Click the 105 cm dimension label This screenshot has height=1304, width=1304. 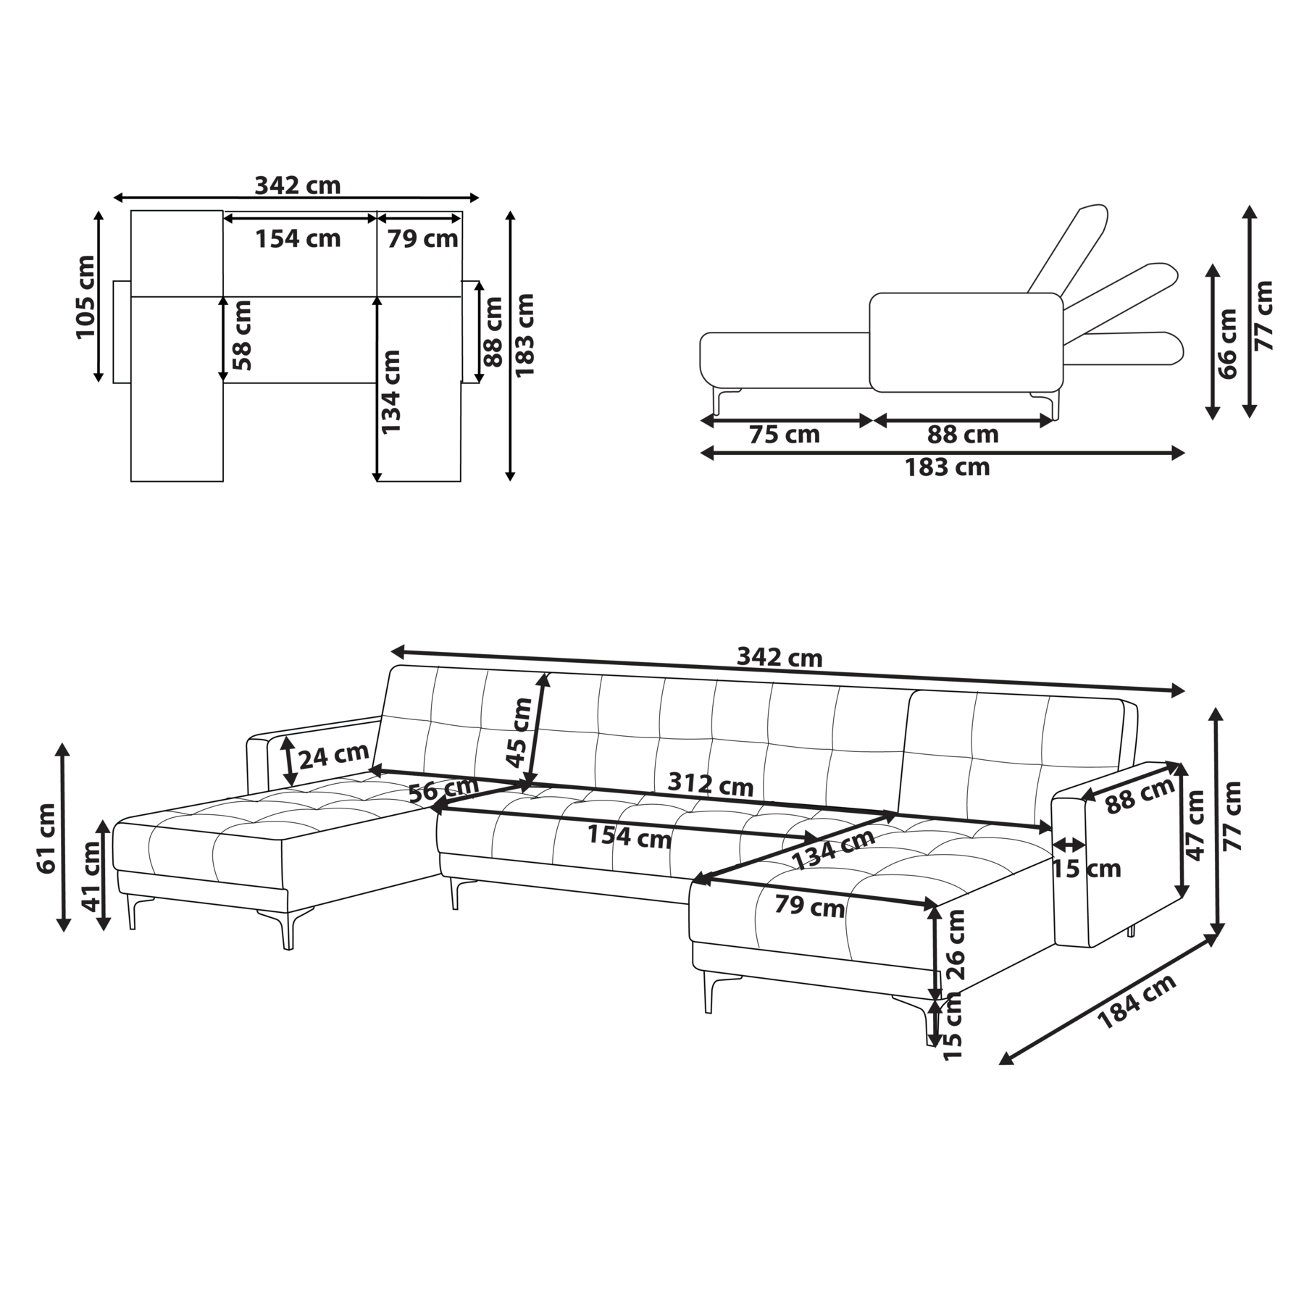pyautogui.click(x=85, y=296)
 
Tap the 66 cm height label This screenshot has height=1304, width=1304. pyautogui.click(x=1228, y=343)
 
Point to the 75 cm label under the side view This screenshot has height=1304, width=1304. pyautogui.click(x=785, y=435)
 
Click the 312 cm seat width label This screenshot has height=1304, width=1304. pyautogui.click(x=710, y=784)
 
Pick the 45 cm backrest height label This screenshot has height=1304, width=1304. pyautogui.click(x=519, y=732)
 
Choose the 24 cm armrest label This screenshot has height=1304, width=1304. pyautogui.click(x=334, y=756)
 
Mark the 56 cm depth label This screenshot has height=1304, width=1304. pyautogui.click(x=443, y=790)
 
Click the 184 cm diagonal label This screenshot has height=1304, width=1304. pyautogui.click(x=1137, y=1001)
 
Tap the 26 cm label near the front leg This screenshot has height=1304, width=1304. pyautogui.click(x=956, y=944)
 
